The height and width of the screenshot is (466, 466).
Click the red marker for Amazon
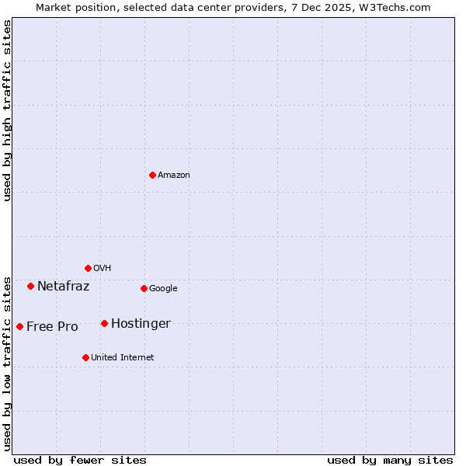(x=152, y=175)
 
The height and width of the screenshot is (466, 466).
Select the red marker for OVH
(x=88, y=268)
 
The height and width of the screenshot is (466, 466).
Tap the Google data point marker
(x=144, y=288)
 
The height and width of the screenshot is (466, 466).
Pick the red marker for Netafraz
(x=30, y=286)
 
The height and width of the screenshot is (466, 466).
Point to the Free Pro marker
(x=19, y=326)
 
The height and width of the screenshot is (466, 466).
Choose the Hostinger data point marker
(x=104, y=323)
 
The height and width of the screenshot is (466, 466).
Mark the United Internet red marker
(x=85, y=357)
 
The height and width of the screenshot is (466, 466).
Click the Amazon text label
(x=174, y=176)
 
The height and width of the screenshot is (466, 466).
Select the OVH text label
(x=103, y=269)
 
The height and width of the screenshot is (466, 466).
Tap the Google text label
(x=163, y=289)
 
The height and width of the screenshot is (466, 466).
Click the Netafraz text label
(x=64, y=287)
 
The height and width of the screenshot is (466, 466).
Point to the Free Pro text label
(x=52, y=327)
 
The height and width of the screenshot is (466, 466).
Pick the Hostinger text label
(x=141, y=324)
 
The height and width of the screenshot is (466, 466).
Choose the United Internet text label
(x=123, y=358)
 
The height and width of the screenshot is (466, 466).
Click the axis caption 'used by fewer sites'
(x=80, y=461)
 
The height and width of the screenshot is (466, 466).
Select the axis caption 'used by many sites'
(x=390, y=461)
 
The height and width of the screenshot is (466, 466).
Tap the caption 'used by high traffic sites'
(x=7, y=110)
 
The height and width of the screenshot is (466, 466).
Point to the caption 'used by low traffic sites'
(x=7, y=363)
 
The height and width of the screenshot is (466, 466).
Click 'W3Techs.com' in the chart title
(x=399, y=7)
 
